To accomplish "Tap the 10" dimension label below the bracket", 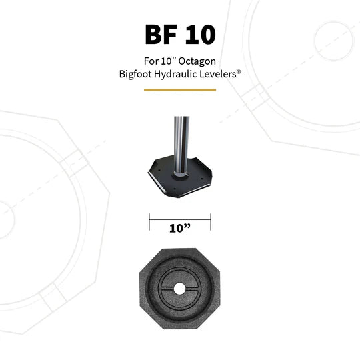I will tap(179, 229).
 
